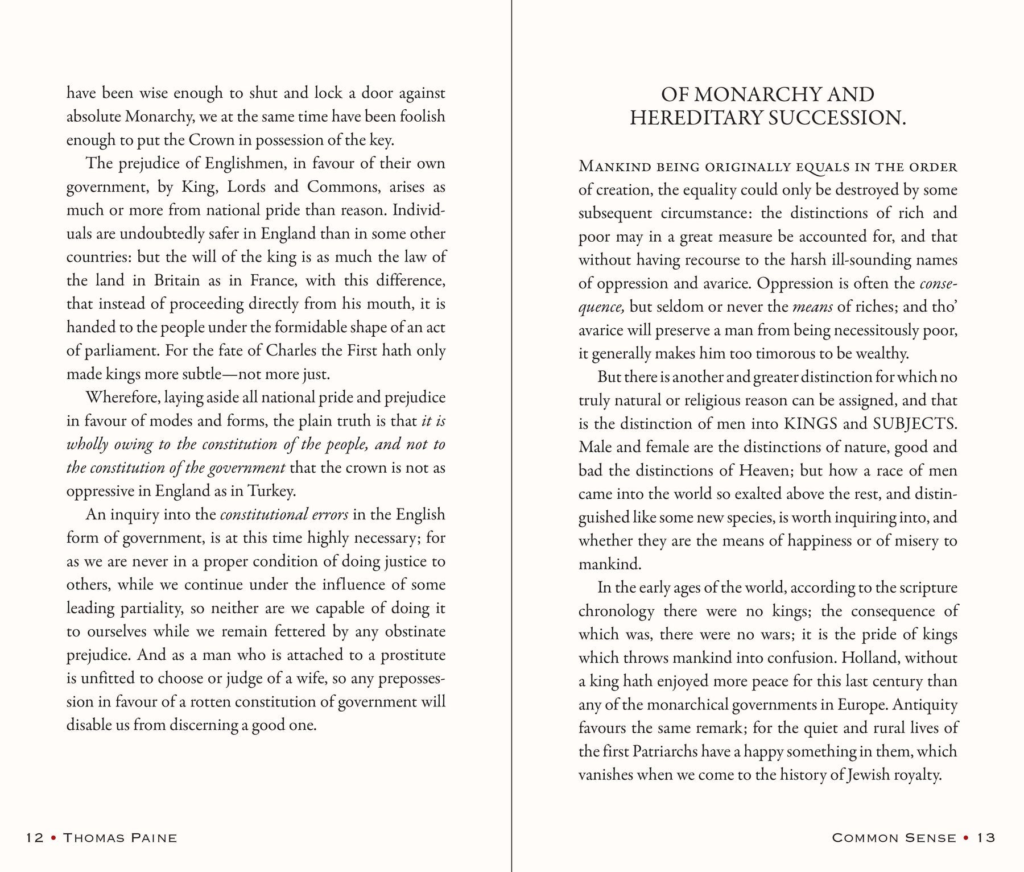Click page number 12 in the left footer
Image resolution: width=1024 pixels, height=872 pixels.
[35, 837]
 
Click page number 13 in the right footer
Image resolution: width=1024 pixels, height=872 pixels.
[985, 837]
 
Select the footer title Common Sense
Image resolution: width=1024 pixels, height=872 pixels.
[894, 837]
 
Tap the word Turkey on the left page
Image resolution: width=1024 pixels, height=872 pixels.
[275, 491]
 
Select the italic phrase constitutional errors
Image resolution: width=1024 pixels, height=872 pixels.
[284, 515]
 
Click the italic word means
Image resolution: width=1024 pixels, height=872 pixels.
[812, 307]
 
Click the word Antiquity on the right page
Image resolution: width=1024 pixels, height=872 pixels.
[925, 705]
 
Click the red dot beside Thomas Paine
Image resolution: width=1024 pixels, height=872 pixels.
[53, 837]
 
